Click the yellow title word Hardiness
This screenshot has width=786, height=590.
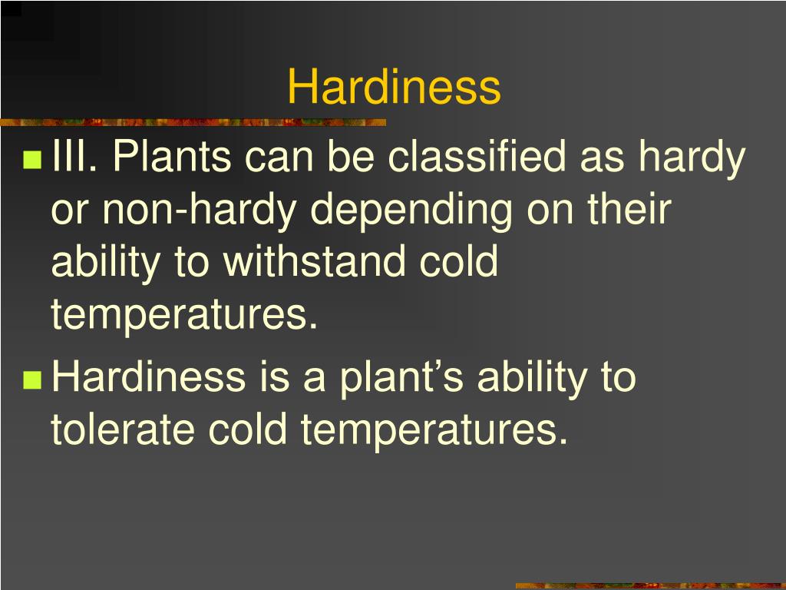(x=394, y=87)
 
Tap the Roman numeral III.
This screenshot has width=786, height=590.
(x=74, y=158)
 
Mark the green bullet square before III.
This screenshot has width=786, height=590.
(x=32, y=161)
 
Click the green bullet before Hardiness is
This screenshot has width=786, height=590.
(x=32, y=380)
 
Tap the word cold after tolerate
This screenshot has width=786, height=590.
(x=258, y=430)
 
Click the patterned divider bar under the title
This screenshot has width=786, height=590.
(x=193, y=122)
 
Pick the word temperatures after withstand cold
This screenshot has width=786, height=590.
(x=184, y=315)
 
